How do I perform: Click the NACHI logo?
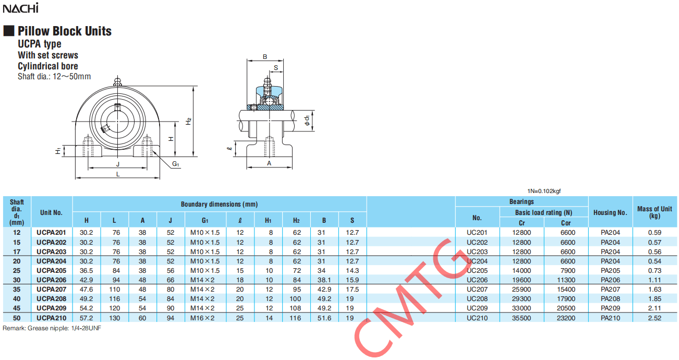21,8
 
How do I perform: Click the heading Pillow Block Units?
65,31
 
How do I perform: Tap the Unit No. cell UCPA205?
51,271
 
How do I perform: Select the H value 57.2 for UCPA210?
87,318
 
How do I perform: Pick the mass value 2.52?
655,318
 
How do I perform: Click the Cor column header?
566,223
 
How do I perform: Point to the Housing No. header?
610,212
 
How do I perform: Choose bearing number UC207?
477,290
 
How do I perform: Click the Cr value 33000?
522,308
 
